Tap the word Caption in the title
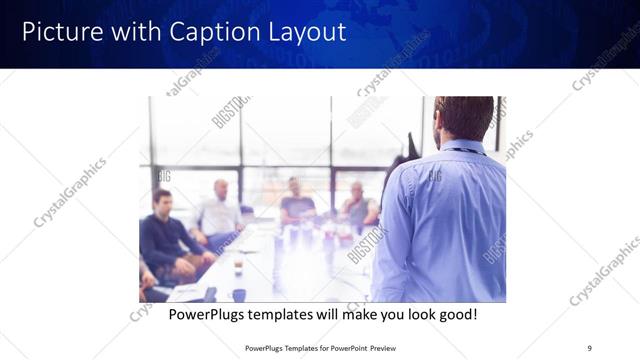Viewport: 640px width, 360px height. [209, 32]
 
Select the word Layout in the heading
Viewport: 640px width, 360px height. [304, 32]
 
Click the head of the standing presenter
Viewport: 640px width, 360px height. [464, 118]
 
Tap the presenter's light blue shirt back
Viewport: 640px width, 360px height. [440, 220]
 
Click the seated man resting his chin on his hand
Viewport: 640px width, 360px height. [357, 205]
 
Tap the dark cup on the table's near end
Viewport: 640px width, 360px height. [239, 294]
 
